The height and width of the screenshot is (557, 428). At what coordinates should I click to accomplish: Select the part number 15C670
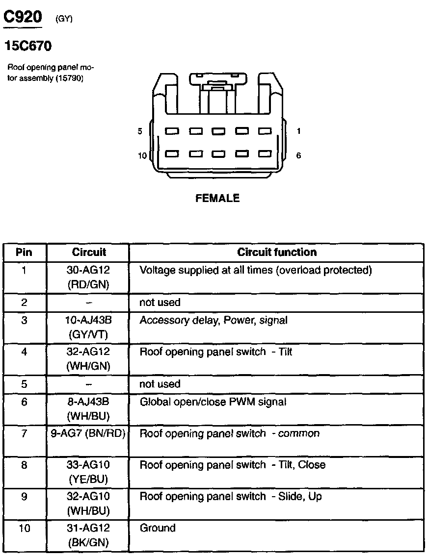click(x=28, y=46)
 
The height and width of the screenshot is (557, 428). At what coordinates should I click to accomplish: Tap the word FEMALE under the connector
click(x=217, y=198)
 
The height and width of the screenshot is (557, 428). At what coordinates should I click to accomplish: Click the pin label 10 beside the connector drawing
click(x=142, y=155)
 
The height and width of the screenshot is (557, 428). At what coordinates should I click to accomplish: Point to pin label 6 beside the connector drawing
click(x=298, y=155)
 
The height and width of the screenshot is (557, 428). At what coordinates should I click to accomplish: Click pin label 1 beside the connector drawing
click(x=298, y=131)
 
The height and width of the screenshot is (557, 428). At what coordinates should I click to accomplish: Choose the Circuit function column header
click(x=277, y=252)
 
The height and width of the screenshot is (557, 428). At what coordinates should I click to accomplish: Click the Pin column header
click(x=24, y=252)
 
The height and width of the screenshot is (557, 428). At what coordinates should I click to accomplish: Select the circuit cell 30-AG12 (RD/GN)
click(x=88, y=277)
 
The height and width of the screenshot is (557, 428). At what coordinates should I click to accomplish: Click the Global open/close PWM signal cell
click(x=213, y=402)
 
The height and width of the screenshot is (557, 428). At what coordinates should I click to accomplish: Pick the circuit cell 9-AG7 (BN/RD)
click(x=88, y=433)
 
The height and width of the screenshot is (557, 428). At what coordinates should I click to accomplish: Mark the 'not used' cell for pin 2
click(x=160, y=303)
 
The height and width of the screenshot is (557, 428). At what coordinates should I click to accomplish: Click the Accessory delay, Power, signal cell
click(x=214, y=321)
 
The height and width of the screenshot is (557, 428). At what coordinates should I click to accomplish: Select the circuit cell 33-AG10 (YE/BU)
click(x=88, y=471)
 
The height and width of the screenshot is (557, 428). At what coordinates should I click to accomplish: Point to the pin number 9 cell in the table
click(x=24, y=497)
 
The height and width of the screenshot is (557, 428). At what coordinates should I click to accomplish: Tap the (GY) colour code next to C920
click(x=64, y=19)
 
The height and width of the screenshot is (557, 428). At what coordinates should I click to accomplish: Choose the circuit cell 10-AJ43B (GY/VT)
click(x=88, y=327)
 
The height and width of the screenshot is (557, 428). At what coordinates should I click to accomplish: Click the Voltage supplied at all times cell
click(x=256, y=270)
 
